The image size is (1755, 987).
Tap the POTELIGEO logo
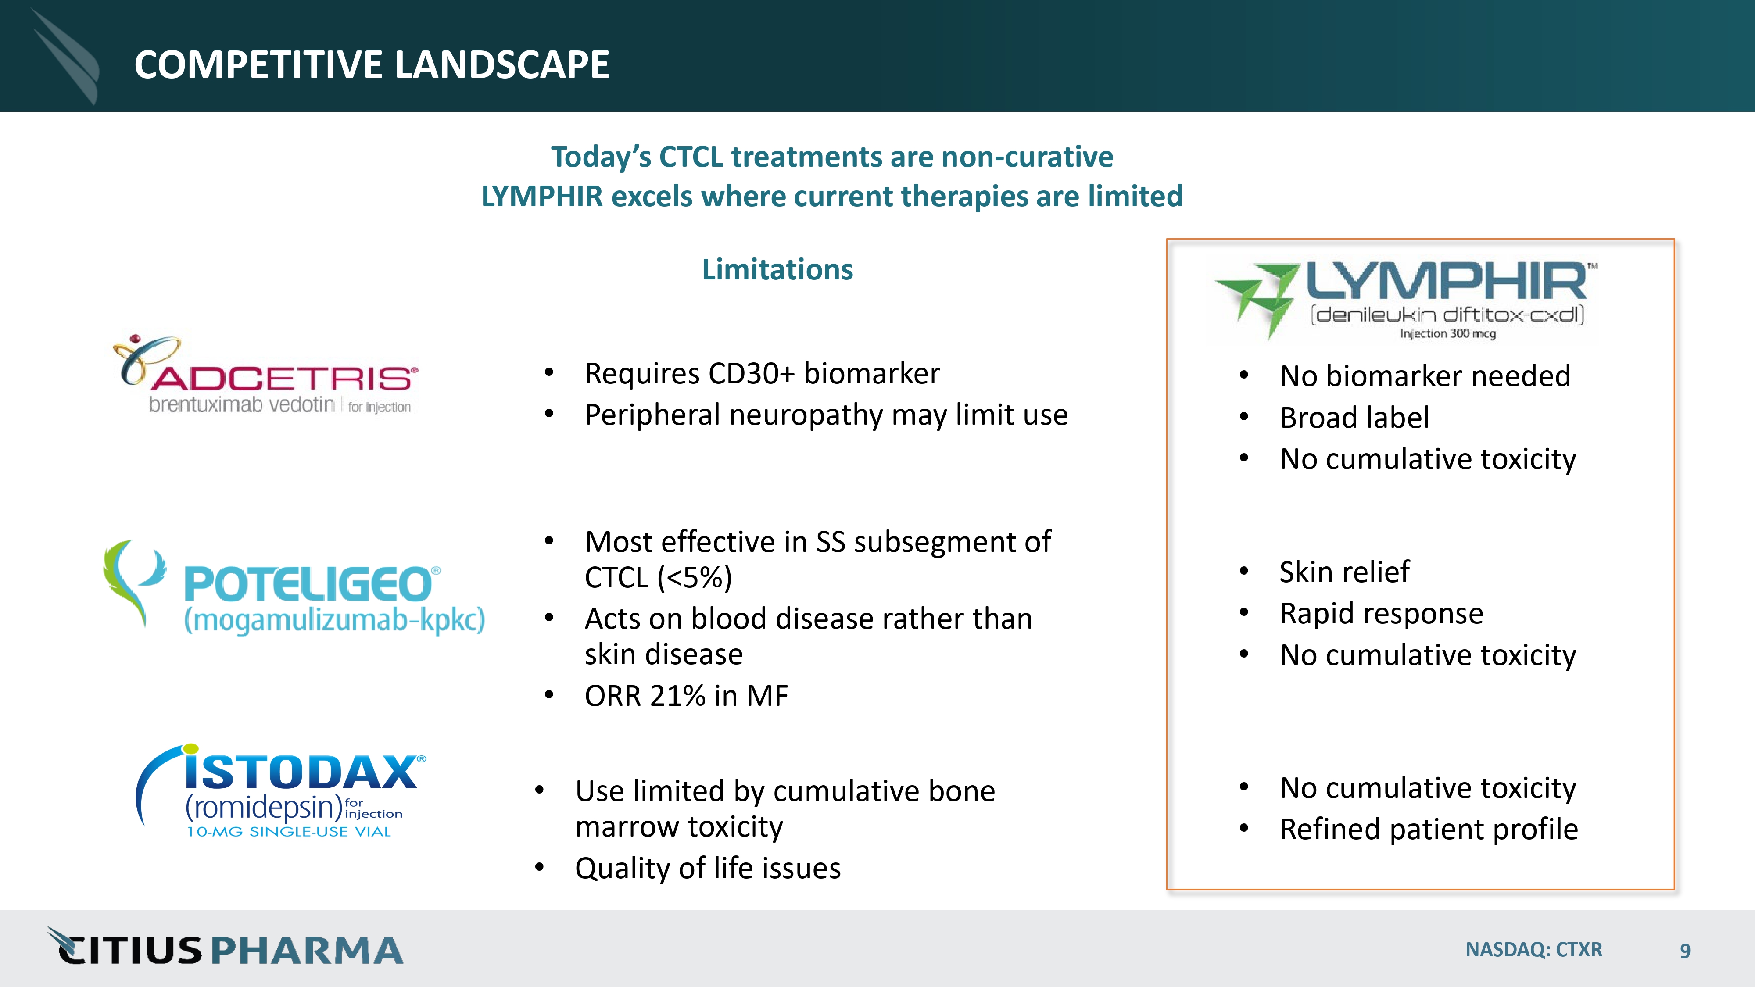click(x=294, y=588)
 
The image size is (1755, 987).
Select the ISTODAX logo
click(x=281, y=791)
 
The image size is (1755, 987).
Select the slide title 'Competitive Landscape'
click(x=372, y=65)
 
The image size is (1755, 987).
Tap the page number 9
click(x=1685, y=950)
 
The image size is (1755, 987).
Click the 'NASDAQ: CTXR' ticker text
click(x=1533, y=950)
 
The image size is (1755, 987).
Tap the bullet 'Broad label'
click(x=1354, y=418)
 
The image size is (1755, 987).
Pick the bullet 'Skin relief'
click(x=1344, y=572)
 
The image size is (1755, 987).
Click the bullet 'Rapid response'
click(x=1382, y=614)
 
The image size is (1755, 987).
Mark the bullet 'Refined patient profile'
click(x=1429, y=830)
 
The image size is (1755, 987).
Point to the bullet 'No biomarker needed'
click(x=1425, y=376)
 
